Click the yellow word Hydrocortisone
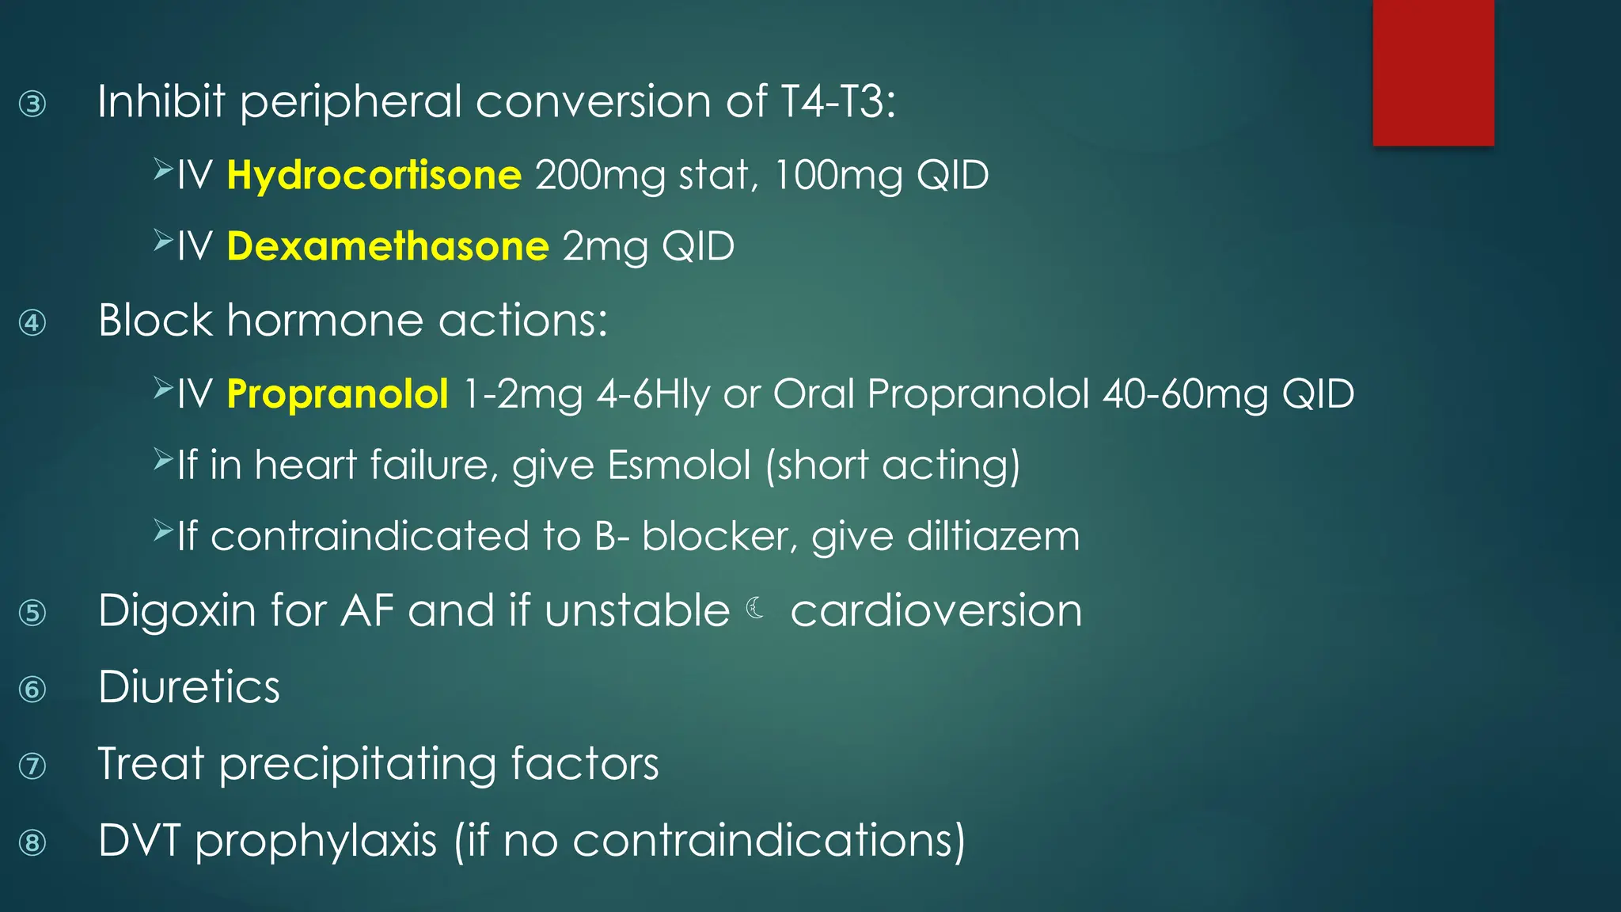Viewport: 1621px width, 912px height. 374,176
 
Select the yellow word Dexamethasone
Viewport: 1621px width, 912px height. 387,247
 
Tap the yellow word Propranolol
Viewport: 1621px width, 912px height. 337,394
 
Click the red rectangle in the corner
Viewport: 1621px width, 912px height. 1433,73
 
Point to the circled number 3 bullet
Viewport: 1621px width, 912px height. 32,104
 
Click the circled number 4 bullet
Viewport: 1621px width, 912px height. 32,323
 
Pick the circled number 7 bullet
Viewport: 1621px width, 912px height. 32,766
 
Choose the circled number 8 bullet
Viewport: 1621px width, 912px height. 32,842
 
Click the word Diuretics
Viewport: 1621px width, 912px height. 189,687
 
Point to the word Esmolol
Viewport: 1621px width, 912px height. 679,465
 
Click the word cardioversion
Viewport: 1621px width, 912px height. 936,611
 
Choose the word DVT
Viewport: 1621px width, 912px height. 139,841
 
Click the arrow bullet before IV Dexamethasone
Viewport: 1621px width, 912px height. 163,241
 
